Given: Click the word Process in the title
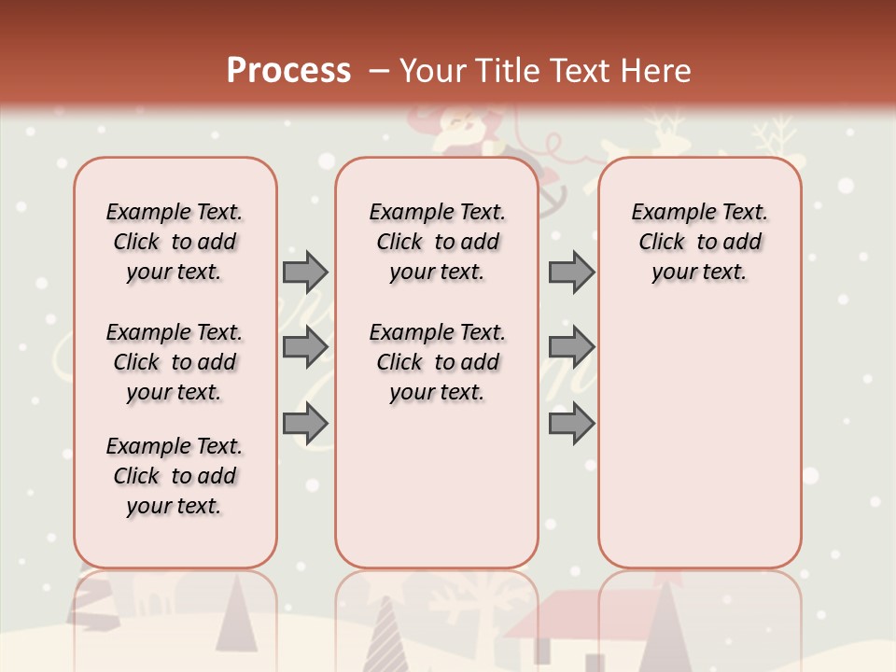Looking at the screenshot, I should [288, 70].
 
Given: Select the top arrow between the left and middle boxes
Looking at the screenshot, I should [305, 273].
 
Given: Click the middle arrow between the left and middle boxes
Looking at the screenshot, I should [305, 347].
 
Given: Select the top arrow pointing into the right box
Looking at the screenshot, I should [571, 273].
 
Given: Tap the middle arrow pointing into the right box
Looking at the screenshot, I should [571, 347].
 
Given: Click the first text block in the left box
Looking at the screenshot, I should [175, 242].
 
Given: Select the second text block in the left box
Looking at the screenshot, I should [175, 362].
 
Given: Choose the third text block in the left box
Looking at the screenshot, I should [175, 476].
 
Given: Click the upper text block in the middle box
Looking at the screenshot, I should [437, 242].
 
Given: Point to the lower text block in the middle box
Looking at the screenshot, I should [437, 362].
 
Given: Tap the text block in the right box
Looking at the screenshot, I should [699, 242].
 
